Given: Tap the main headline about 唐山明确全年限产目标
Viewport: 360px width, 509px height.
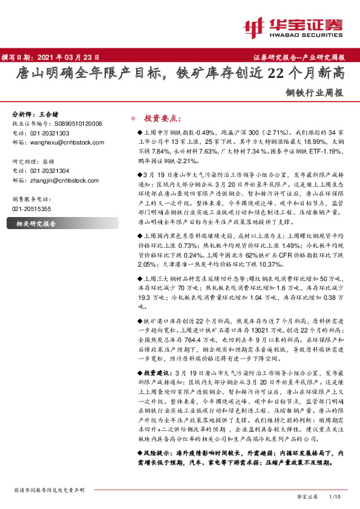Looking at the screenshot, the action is coord(180,74).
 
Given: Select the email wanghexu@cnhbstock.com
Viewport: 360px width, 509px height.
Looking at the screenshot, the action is coord(59,142).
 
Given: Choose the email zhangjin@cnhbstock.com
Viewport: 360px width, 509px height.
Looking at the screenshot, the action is coord(59,180).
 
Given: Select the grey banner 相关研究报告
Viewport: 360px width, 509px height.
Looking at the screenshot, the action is coord(36,223).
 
